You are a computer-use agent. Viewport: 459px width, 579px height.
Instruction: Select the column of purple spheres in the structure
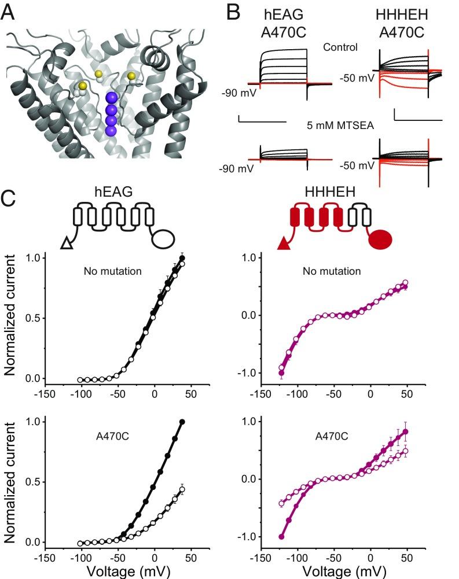(112, 113)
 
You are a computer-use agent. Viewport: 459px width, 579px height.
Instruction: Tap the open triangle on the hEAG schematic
(66, 244)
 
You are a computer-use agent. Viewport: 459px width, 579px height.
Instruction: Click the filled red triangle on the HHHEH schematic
(284, 244)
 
